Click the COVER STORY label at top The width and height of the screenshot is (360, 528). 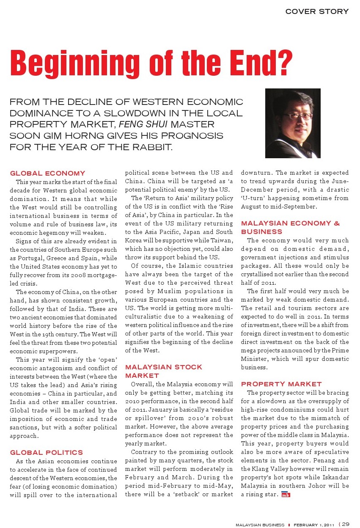point(317,11)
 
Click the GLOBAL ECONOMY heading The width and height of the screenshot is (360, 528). point(47,173)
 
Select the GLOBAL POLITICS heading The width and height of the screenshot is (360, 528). point(47,452)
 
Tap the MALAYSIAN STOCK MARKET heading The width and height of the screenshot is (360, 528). point(164,371)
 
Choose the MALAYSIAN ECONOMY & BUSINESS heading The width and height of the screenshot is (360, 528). point(290,227)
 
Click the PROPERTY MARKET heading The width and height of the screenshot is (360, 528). point(281,384)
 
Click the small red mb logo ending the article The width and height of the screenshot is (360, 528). point(286,495)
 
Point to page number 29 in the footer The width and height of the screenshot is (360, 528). point(346,524)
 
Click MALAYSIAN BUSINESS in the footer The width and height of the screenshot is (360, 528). point(260,525)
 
